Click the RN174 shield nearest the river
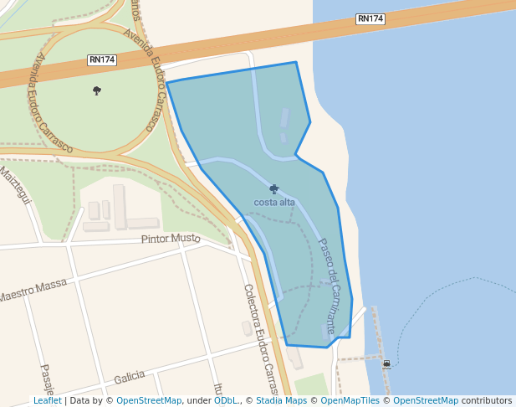(370, 18)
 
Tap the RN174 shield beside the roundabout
(102, 60)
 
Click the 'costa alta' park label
(274, 203)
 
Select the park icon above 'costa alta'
(274, 189)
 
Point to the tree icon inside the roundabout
(97, 90)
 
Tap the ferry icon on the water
(386, 364)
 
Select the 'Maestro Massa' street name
(33, 290)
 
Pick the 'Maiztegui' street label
(14, 187)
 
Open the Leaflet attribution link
(48, 400)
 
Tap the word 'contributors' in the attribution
(487, 400)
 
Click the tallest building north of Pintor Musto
(120, 206)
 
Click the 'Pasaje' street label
(47, 380)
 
